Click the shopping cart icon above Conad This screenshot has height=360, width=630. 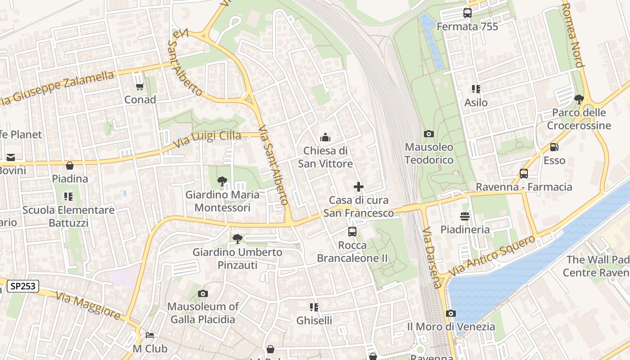(139, 86)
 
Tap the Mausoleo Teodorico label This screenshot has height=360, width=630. (429, 153)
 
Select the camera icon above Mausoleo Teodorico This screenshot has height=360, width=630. (429, 134)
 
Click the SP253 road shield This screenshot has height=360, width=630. (23, 286)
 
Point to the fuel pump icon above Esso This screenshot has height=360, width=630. (554, 147)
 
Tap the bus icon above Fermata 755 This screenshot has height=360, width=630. (468, 13)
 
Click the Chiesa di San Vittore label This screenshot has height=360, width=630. (325, 157)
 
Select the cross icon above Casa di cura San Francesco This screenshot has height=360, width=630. (359, 187)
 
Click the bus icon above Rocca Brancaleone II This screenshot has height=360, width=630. (352, 232)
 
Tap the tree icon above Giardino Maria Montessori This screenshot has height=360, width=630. (222, 182)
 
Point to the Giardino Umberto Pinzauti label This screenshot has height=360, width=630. (237, 259)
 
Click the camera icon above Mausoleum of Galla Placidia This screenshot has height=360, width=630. (202, 293)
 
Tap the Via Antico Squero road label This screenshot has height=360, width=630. (492, 255)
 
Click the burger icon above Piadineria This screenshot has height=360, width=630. (465, 216)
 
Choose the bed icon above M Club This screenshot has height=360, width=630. (150, 335)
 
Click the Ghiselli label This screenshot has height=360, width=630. (314, 320)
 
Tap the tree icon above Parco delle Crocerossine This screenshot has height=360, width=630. (579, 99)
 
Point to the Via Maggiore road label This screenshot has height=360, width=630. (88, 305)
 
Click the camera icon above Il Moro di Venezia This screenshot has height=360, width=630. (451, 313)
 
